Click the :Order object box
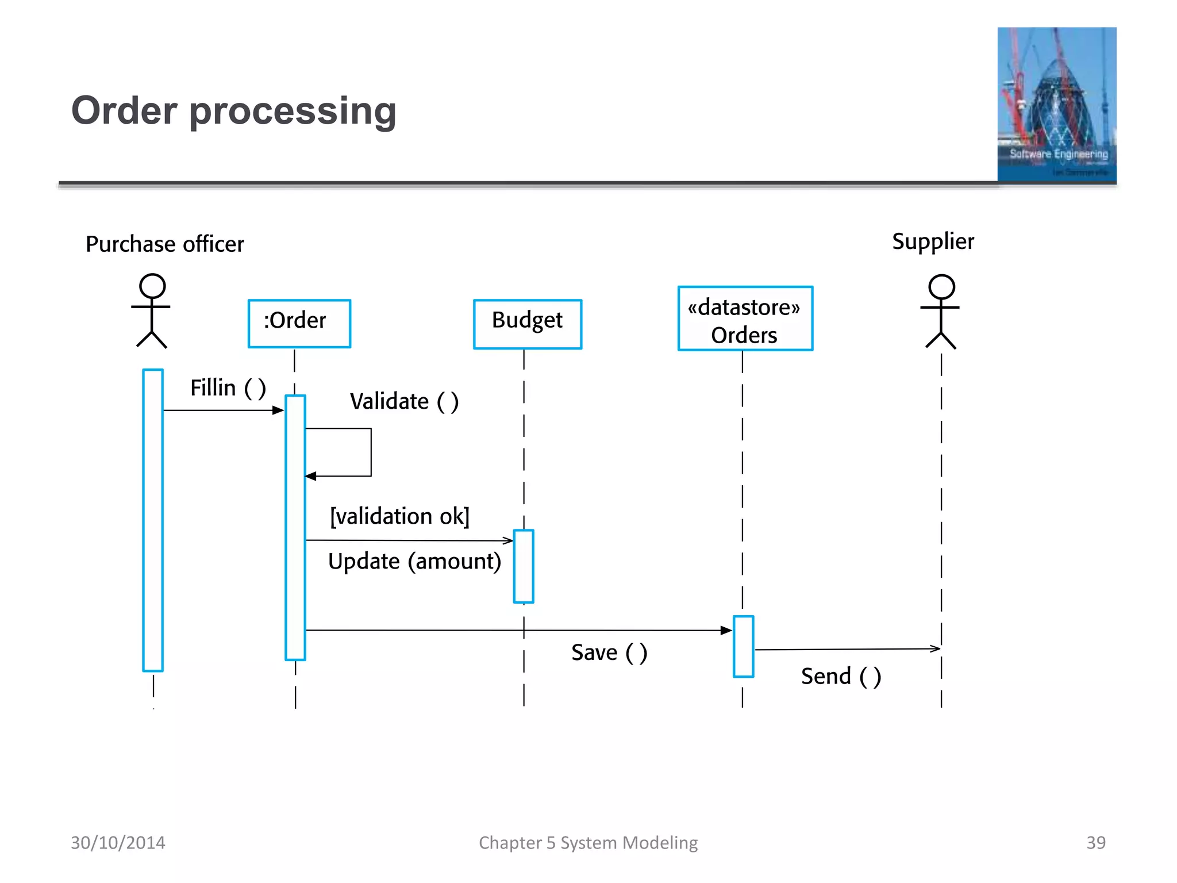click(x=299, y=323)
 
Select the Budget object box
click(x=527, y=324)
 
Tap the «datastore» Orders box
click(x=745, y=318)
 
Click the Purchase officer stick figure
click(x=152, y=310)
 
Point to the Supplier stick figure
click(x=941, y=312)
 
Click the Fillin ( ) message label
click(x=228, y=388)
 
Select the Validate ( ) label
click(x=404, y=401)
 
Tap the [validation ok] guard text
click(x=399, y=516)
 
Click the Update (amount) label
click(x=414, y=561)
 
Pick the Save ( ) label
click(x=609, y=652)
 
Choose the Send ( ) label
click(x=841, y=676)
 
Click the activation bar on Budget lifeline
click(x=524, y=566)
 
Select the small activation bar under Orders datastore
click(x=743, y=646)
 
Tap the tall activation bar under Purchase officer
click(x=153, y=520)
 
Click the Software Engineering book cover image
click(x=1056, y=104)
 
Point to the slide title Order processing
click(x=233, y=110)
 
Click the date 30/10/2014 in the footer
click(x=118, y=842)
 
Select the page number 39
click(x=1095, y=842)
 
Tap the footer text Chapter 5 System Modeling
click(x=588, y=842)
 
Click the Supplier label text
click(x=932, y=241)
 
